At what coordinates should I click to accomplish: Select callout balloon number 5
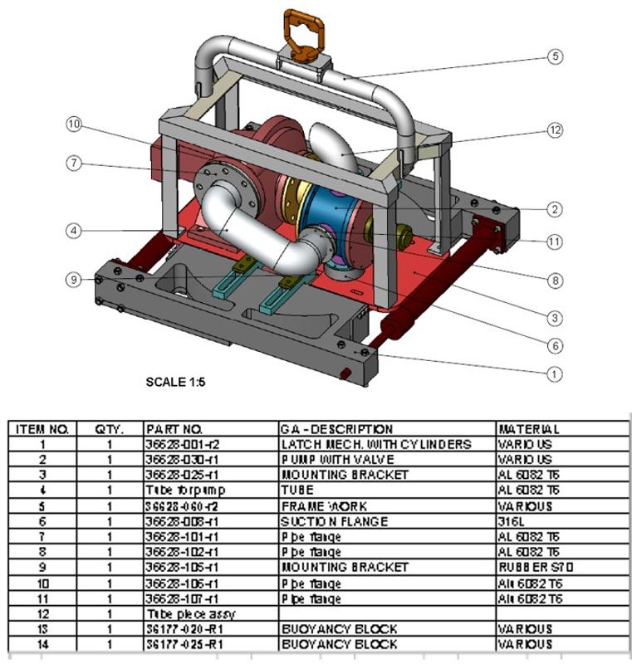[x=555, y=57]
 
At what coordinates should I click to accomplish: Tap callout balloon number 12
[x=555, y=130]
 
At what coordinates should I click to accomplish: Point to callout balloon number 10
[x=75, y=124]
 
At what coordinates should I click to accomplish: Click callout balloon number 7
[x=75, y=163]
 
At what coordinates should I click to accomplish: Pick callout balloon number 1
[x=555, y=374]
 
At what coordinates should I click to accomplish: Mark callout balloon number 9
[x=75, y=280]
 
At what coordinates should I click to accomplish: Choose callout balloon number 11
[x=555, y=242]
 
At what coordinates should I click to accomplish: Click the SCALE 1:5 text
[x=175, y=383]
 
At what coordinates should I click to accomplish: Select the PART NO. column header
[x=174, y=429]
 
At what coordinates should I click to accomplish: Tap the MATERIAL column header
[x=528, y=429]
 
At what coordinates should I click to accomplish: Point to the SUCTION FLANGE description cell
[x=336, y=521]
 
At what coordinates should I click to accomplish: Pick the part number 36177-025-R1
[x=180, y=644]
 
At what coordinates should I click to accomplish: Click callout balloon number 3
[x=555, y=316]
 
